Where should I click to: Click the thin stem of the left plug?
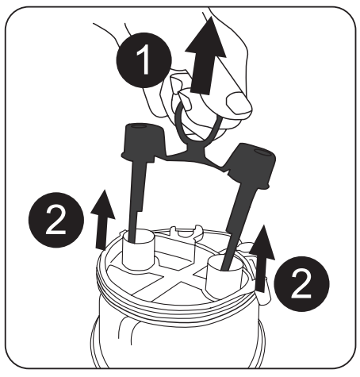point(136,206)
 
